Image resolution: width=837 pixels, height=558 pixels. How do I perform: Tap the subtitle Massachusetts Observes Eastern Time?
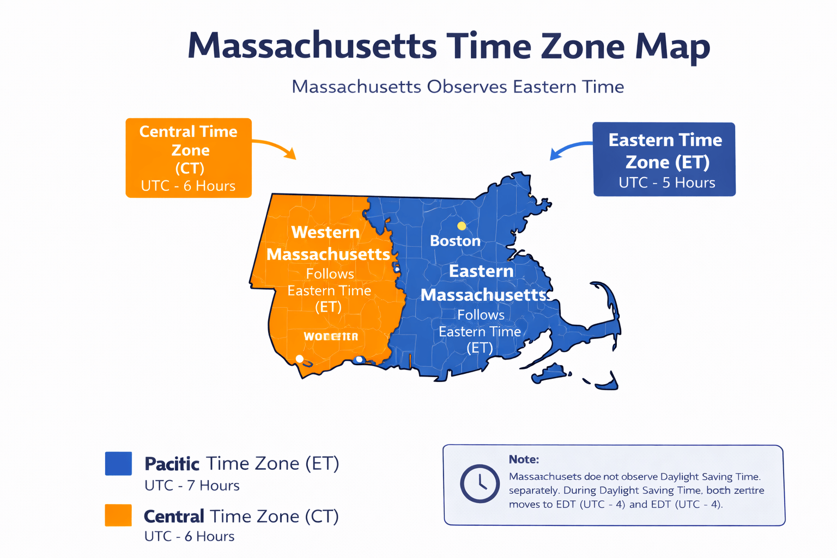point(458,87)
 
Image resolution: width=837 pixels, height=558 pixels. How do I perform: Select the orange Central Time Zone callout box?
point(189,157)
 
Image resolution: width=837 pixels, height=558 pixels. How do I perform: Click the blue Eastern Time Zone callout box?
point(664,159)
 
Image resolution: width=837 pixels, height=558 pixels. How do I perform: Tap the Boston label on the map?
point(455,241)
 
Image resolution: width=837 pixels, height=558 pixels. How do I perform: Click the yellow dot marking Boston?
point(462,226)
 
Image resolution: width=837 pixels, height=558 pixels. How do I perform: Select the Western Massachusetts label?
point(327,243)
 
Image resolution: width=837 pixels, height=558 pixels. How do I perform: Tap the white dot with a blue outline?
point(359,360)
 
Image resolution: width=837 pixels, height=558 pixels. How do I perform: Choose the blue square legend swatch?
point(118,464)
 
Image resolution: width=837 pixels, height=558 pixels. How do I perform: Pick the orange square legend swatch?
point(118,515)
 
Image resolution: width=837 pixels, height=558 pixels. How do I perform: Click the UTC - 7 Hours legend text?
point(192,486)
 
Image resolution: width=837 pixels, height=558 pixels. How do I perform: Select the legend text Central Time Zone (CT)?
point(241,516)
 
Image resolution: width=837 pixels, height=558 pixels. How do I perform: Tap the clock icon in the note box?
point(480,483)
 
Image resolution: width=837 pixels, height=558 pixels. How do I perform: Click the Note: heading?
point(524,459)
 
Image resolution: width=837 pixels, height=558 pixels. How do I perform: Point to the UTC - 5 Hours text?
point(666,183)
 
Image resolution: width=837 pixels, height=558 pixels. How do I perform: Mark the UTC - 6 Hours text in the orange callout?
point(188,186)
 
